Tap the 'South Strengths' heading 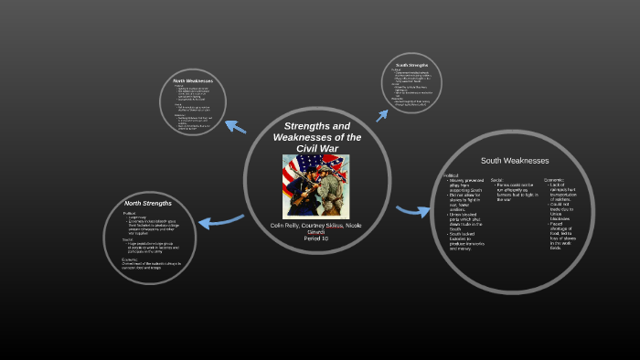coord(412,66)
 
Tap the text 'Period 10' coord(317,238)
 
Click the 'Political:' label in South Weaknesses coord(453,175)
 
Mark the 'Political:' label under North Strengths coord(131,213)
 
